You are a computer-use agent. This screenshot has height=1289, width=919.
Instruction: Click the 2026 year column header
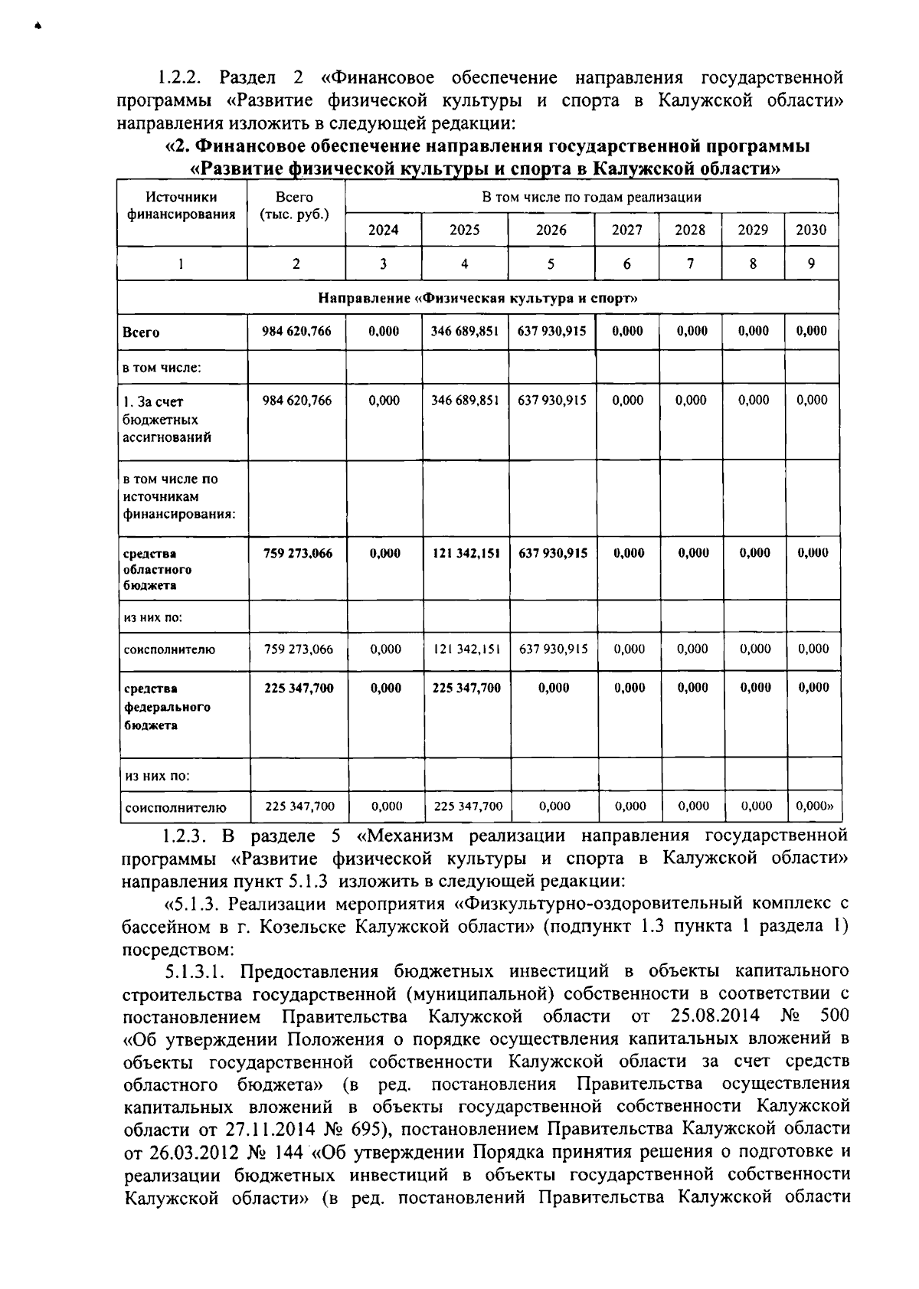click(x=551, y=230)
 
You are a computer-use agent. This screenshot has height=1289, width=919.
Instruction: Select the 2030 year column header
click(x=811, y=230)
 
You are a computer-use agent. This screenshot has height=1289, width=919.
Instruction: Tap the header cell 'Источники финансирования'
click(x=181, y=206)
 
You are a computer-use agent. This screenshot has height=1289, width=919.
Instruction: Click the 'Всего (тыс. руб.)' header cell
click(x=295, y=206)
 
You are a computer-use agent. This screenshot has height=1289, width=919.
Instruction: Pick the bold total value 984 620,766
click(x=296, y=331)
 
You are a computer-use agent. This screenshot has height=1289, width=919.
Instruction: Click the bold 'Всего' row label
click(x=141, y=332)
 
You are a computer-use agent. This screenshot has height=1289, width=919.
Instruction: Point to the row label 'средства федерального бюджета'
click(x=166, y=706)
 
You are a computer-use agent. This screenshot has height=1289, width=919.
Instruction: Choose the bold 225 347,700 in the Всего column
click(x=299, y=688)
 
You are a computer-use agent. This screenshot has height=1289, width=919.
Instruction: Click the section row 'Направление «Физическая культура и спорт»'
click(x=478, y=297)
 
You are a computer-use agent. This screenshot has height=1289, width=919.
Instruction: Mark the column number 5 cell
click(x=551, y=263)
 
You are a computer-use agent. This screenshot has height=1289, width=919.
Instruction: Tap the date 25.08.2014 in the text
click(x=715, y=1016)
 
